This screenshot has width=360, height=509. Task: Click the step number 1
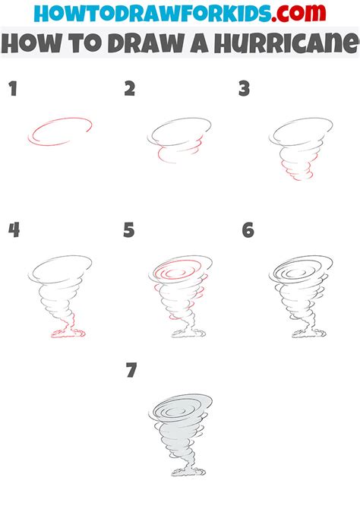coord(13,89)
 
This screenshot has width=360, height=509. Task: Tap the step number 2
coord(130,89)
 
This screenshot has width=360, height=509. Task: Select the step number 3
coord(244,89)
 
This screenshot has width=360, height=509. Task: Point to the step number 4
coord(14,230)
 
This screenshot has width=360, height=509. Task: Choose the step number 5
coord(129,230)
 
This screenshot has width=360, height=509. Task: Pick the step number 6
coord(248,230)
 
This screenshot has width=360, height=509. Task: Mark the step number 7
coord(131,371)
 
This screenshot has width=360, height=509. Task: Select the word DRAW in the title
coord(146,44)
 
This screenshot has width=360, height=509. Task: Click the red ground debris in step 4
coord(68,333)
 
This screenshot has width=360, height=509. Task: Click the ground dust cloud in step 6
coord(308,334)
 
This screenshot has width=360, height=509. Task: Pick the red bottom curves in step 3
coord(297,170)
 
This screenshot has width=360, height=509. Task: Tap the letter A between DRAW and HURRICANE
coord(199,44)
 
